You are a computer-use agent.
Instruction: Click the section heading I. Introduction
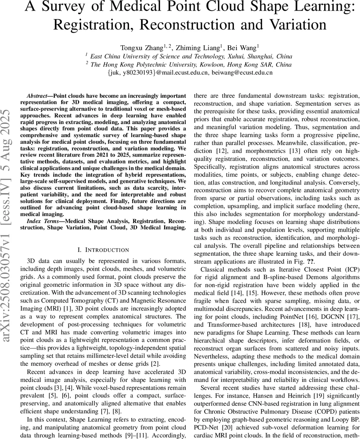(x=103, y=250)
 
